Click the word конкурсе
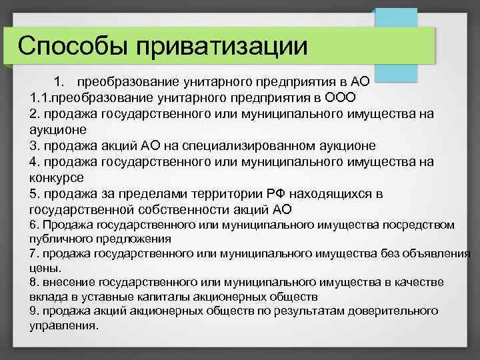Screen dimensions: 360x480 coord(57,177)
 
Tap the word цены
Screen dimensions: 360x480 coord(45,268)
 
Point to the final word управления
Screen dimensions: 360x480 coord(63,326)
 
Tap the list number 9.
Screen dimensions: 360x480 coord(34,311)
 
